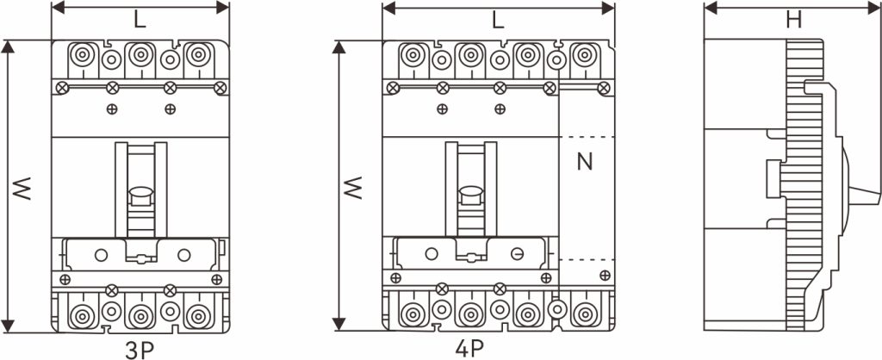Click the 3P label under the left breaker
point(140,350)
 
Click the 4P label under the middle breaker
point(469,348)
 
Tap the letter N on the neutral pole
point(585,162)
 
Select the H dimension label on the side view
point(793,21)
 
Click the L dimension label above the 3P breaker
point(140,21)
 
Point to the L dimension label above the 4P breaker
point(498,21)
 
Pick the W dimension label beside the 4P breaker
point(353,188)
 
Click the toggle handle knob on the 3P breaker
point(140,197)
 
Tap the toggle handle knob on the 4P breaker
point(471,197)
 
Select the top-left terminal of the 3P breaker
point(83,55)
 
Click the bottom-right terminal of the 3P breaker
point(198,315)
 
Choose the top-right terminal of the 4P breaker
point(585,55)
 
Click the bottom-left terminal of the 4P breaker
point(413,314)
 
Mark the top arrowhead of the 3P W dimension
point(7,47)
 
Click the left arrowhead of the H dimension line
point(711,8)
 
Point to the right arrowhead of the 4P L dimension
point(608,8)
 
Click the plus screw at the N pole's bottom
point(605,275)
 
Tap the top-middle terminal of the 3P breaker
point(140,55)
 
